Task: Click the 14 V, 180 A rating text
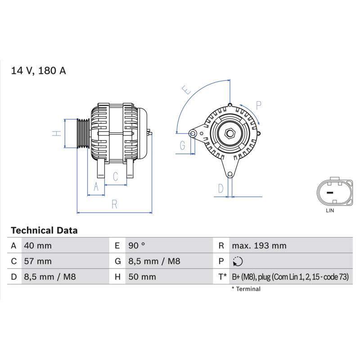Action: click(39, 71)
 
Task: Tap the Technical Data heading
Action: click(44, 230)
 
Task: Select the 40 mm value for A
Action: click(38, 246)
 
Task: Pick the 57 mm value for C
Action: click(38, 261)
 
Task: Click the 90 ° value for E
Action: click(137, 246)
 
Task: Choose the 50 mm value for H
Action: click(142, 277)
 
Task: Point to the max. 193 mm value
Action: click(259, 246)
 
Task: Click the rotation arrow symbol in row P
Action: click(238, 261)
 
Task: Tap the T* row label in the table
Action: click(222, 277)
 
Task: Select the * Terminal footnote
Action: click(246, 289)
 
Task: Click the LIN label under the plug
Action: click(330, 210)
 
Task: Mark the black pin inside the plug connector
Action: click(330, 193)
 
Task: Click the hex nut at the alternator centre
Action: click(230, 133)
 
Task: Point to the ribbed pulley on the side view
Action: click(83, 133)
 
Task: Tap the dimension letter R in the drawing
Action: click(114, 204)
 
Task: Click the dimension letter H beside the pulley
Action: click(57, 133)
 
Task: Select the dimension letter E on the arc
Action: click(186, 90)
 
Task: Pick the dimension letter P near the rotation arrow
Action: click(259, 105)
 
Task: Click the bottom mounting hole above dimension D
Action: click(230, 175)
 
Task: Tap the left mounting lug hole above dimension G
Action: click(193, 133)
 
